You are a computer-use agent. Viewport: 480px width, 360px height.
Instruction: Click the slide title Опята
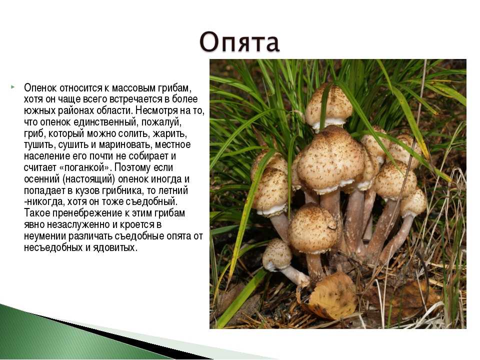(239, 41)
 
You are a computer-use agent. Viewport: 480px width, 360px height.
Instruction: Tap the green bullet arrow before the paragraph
(13, 87)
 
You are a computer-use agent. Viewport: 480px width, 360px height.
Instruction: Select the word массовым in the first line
(134, 88)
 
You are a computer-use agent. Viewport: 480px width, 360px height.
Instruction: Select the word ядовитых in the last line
(114, 247)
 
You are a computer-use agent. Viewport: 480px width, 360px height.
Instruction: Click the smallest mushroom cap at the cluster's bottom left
(276, 254)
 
